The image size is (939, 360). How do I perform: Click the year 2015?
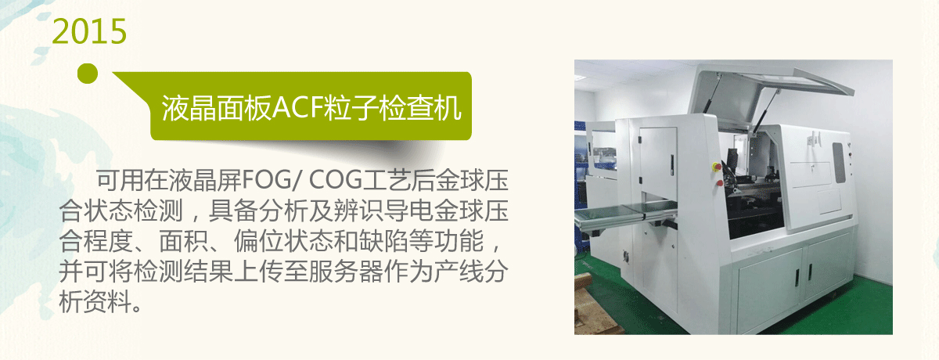(89, 31)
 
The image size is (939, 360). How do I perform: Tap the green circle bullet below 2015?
(88, 74)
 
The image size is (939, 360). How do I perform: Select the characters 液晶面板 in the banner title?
(217, 108)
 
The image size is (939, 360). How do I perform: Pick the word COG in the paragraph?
(336, 181)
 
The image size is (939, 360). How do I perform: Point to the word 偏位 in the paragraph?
(258, 241)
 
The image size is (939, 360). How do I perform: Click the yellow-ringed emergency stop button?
(717, 167)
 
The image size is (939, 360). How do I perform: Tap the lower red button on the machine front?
(719, 182)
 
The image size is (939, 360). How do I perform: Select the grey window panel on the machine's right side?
(838, 163)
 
